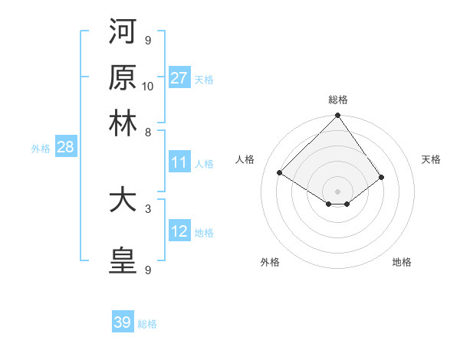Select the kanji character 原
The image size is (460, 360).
click(123, 77)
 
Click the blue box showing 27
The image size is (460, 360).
click(179, 78)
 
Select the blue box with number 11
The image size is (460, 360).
click(179, 162)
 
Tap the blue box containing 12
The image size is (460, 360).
click(179, 231)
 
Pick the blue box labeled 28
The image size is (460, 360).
click(65, 148)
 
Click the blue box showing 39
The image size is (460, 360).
click(123, 322)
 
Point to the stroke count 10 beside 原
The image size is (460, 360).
click(148, 86)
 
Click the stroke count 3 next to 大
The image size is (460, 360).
click(148, 208)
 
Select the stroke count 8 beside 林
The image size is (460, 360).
click(148, 132)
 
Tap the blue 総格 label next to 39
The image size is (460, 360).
click(147, 324)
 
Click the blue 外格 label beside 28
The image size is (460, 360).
click(40, 149)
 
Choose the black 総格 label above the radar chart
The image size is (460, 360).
click(337, 100)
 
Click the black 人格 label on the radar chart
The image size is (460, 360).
click(245, 159)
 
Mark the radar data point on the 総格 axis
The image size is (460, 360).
click(337, 116)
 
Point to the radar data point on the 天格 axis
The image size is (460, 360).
click(382, 177)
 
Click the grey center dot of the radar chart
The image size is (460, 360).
click(337, 191)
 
